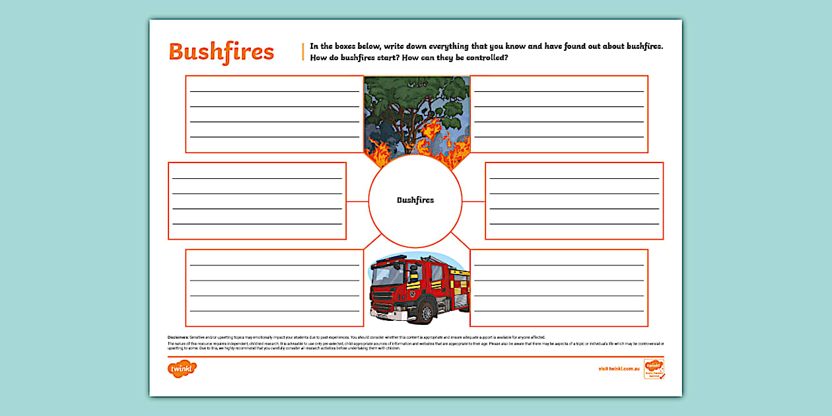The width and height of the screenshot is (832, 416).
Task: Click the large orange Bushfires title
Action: click(x=221, y=52)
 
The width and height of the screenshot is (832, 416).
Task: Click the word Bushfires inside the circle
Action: click(x=415, y=200)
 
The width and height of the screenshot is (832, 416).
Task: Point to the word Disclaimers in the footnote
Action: click(x=178, y=337)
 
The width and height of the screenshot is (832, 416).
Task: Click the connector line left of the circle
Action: click(x=357, y=201)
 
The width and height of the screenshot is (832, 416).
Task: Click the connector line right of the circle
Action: click(x=474, y=201)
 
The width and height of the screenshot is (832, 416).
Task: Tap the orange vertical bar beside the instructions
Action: click(x=303, y=52)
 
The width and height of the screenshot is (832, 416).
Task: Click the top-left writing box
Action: click(x=274, y=114)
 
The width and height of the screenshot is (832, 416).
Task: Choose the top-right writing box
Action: click(x=559, y=114)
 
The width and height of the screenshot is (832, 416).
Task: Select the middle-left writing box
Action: click(x=257, y=201)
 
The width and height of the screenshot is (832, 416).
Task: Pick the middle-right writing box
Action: click(x=574, y=201)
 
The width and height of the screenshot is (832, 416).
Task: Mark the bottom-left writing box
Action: click(x=274, y=287)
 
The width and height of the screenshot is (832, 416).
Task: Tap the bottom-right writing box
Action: click(x=559, y=287)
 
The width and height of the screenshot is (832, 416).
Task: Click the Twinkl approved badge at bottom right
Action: click(x=654, y=369)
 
